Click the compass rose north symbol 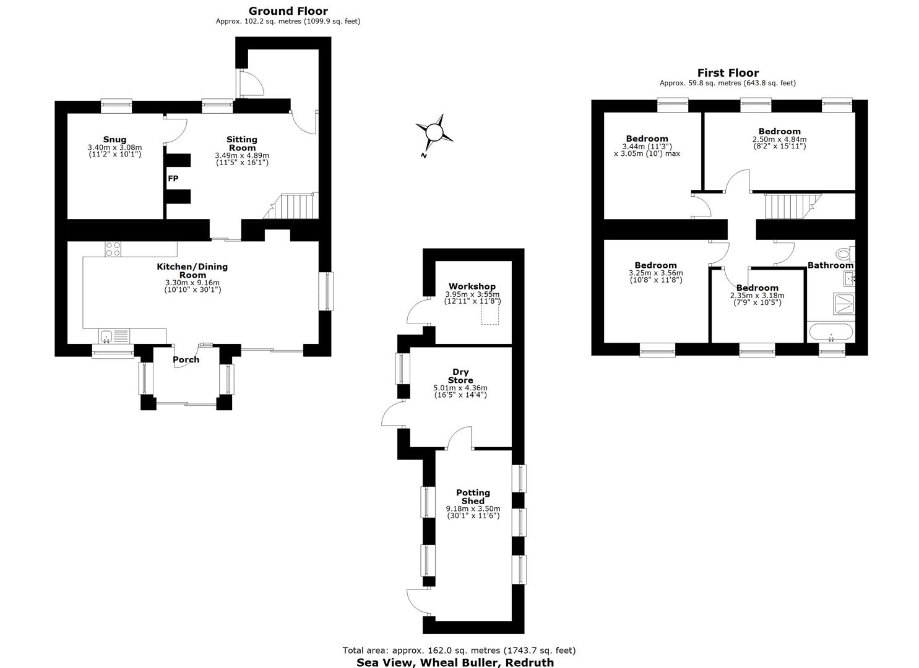coord(434,133)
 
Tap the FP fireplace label coord(173,178)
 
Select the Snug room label coord(115,139)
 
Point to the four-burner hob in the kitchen coord(113,249)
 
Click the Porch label coord(186,359)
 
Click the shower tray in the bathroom coord(844,304)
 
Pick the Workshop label coord(472,286)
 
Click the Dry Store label coord(460,376)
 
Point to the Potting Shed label coord(473,497)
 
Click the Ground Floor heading coord(288,11)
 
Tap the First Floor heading coord(728,73)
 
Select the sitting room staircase coord(291,206)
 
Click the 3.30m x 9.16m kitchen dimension coord(192,283)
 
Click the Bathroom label coord(831,265)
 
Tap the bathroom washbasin coord(849,279)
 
